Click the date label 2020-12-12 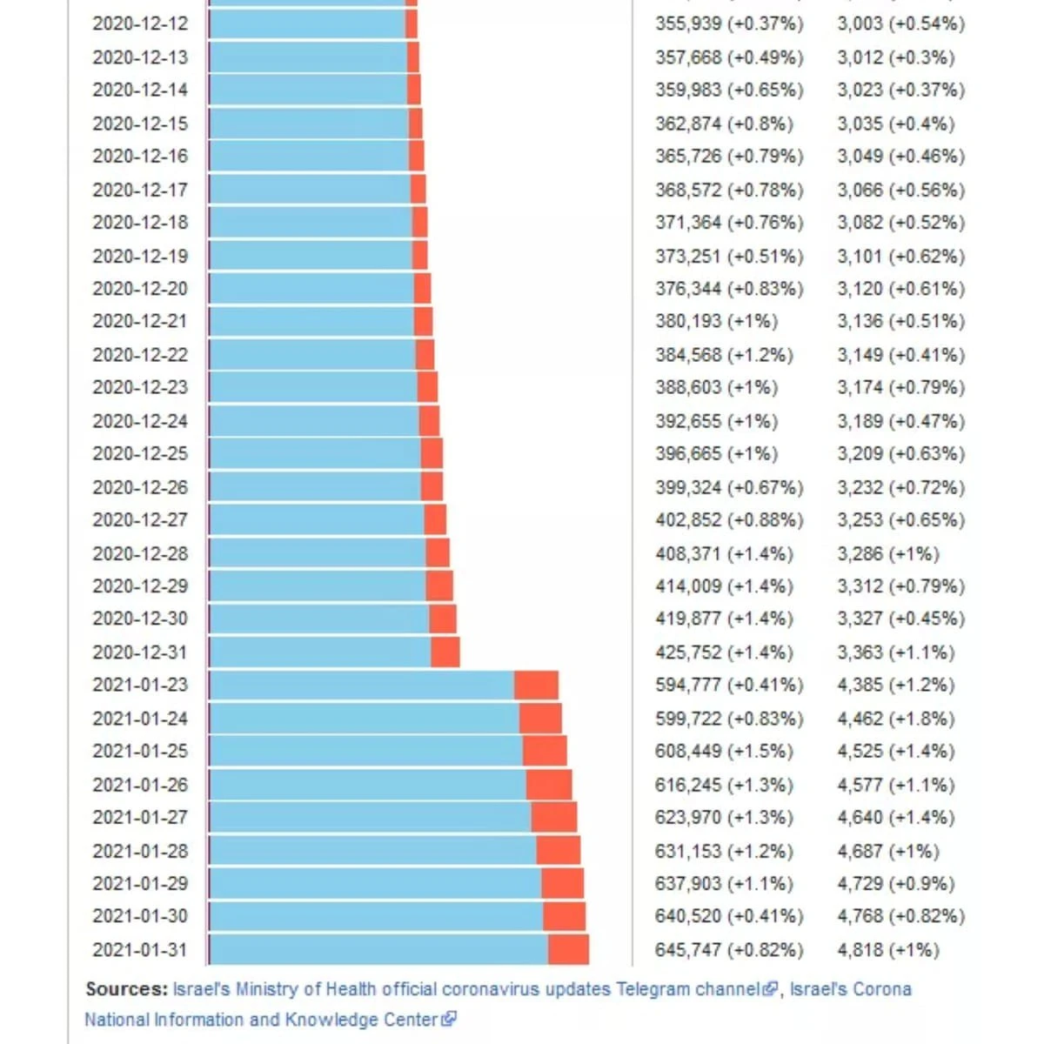[x=140, y=23]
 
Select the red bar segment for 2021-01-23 [x=536, y=686]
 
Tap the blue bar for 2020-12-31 [x=320, y=652]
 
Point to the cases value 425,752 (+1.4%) [x=724, y=652]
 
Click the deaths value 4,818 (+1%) [x=888, y=950]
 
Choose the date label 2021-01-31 [x=140, y=950]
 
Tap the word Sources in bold [x=125, y=989]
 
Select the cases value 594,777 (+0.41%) [x=729, y=686]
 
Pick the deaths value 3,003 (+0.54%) [x=900, y=23]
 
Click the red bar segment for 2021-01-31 [x=568, y=950]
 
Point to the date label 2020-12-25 [x=140, y=454]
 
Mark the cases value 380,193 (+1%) [x=716, y=322]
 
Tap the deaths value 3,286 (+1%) [x=888, y=553]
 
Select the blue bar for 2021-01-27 [x=370, y=818]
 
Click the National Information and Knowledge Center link [x=261, y=1020]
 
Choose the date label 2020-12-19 [x=140, y=257]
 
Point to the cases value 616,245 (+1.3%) [x=724, y=785]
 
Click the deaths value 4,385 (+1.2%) [x=895, y=686]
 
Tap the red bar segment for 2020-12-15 [x=416, y=124]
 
